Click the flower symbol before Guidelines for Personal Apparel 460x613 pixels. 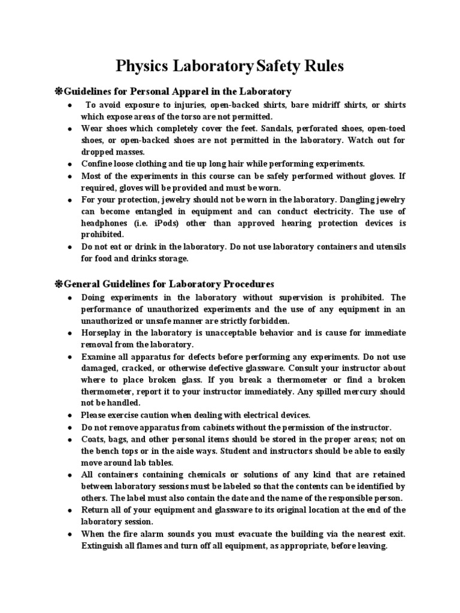click(x=59, y=92)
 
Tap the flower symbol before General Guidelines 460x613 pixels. click(x=59, y=284)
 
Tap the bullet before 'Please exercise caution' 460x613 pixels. click(x=70, y=415)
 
